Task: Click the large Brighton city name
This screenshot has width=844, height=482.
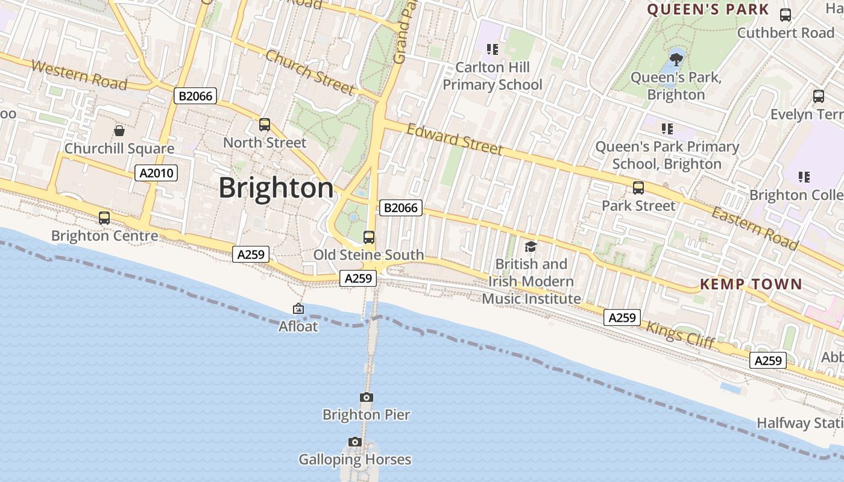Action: [x=276, y=188]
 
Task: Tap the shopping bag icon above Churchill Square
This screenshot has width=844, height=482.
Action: [x=119, y=131]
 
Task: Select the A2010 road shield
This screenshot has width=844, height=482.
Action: [x=156, y=174]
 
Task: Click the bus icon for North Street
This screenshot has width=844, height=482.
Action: [x=264, y=125]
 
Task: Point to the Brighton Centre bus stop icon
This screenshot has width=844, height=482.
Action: [x=104, y=218]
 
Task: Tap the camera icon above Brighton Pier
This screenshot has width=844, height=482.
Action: [x=366, y=398]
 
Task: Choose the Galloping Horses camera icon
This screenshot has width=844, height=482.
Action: [x=355, y=442]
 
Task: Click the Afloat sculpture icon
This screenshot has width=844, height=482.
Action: [x=298, y=309]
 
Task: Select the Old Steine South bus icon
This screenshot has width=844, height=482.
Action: [x=369, y=237]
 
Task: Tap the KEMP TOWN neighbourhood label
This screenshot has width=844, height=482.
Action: [x=751, y=284]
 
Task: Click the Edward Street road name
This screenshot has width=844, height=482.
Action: [x=454, y=139]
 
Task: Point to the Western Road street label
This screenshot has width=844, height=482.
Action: [x=79, y=75]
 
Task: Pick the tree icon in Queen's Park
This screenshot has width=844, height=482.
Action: [x=676, y=59]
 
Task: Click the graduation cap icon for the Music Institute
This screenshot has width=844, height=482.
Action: [x=531, y=246]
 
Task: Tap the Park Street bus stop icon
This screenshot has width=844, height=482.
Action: [x=638, y=188]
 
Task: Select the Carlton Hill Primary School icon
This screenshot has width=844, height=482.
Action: [x=493, y=49]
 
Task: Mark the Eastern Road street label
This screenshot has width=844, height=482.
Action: [x=755, y=228]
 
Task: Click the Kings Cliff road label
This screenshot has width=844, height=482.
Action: [x=680, y=336]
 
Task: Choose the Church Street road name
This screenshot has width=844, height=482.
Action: [x=310, y=73]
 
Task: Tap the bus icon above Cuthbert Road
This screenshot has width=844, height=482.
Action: [x=786, y=15]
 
